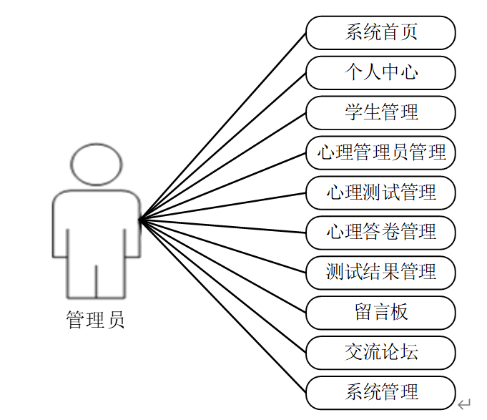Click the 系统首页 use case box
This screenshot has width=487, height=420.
pyautogui.click(x=380, y=32)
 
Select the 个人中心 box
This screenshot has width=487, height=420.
pyautogui.click(x=380, y=72)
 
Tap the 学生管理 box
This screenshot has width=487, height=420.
pyautogui.click(x=380, y=112)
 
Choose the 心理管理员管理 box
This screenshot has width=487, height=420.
pyautogui.click(x=380, y=152)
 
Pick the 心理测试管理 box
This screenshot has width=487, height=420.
pyautogui.click(x=380, y=192)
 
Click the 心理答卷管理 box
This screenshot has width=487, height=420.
pyautogui.click(x=380, y=232)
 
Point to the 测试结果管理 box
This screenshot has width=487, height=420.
pyautogui.click(x=380, y=272)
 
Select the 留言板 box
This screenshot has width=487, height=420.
pyautogui.click(x=380, y=312)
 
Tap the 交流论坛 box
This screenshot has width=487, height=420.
pyautogui.click(x=380, y=352)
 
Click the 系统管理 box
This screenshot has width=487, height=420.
pyautogui.click(x=380, y=392)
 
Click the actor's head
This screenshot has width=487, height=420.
pyautogui.click(x=96, y=164)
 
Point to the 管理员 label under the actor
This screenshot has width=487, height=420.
pyautogui.click(x=95, y=319)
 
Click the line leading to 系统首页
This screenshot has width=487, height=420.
pyautogui.click(x=222, y=126)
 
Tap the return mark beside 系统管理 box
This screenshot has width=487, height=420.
pyautogui.click(x=464, y=404)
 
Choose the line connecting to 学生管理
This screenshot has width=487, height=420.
pyautogui.click(x=222, y=166)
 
